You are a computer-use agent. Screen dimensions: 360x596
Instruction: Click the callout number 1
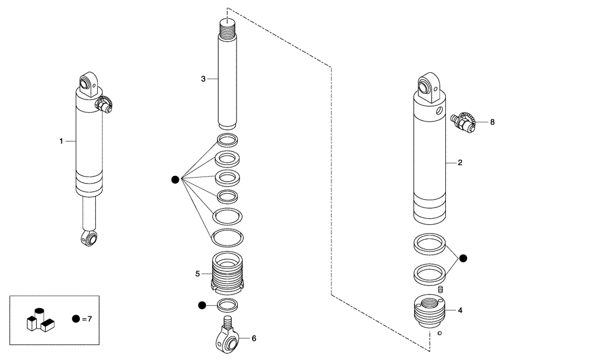click(61, 141)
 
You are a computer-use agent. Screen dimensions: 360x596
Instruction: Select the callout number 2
click(460, 162)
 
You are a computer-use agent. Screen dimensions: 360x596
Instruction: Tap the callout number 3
click(203, 79)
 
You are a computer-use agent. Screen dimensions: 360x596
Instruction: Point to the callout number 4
click(460, 310)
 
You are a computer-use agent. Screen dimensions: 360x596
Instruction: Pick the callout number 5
click(197, 274)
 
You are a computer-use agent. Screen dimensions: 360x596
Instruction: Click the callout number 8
click(492, 122)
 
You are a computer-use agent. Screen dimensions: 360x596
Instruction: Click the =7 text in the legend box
click(86, 319)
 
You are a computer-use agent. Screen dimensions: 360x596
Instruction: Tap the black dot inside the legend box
click(76, 319)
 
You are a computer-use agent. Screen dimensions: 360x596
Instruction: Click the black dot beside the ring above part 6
click(202, 305)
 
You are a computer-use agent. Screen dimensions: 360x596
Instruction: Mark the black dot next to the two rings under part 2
click(463, 258)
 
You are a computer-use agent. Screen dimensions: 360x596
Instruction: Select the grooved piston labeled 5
click(227, 274)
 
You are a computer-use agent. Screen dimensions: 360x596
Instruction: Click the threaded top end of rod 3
click(228, 26)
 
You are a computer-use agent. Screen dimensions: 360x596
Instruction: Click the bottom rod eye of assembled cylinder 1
click(90, 238)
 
